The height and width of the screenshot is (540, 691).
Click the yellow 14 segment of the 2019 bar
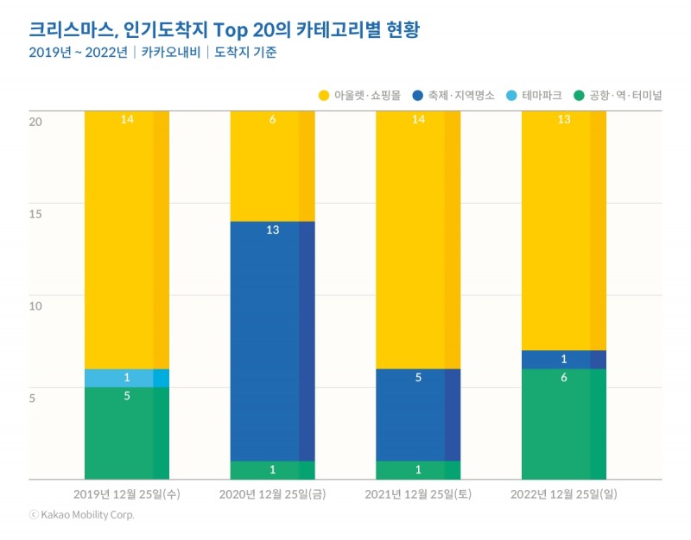(127, 242)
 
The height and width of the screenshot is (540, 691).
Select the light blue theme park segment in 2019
(127, 378)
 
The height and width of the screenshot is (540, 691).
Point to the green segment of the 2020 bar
(272, 470)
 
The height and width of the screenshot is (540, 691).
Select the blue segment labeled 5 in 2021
(418, 414)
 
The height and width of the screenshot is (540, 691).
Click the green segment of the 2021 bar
(418, 470)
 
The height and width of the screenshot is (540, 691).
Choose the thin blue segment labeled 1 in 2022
(564, 360)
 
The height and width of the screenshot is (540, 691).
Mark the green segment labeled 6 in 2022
(564, 424)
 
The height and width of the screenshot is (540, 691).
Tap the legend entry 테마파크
(536, 95)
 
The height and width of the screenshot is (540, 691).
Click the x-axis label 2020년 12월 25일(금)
(272, 494)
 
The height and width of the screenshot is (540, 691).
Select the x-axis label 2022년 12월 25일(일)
(564, 494)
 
